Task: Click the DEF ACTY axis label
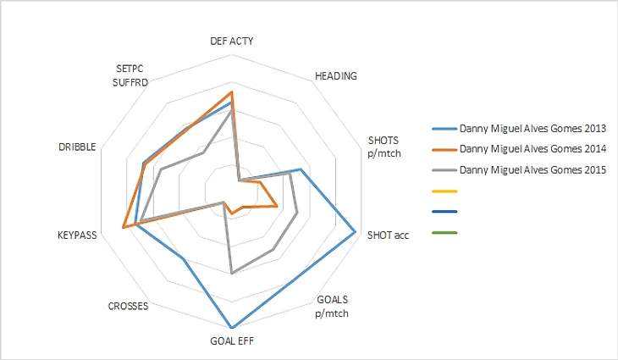pos(231,41)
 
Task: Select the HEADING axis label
pos(335,75)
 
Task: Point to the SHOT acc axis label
pos(388,235)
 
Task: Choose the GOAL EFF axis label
pos(231,342)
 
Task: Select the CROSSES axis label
pos(129,306)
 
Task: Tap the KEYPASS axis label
pos(77,235)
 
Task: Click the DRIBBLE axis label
pos(77,147)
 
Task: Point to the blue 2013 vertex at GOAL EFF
pos(231,328)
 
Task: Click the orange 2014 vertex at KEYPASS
pos(124,226)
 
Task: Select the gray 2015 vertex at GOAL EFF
pos(231,274)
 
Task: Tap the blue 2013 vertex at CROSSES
pos(182,258)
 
